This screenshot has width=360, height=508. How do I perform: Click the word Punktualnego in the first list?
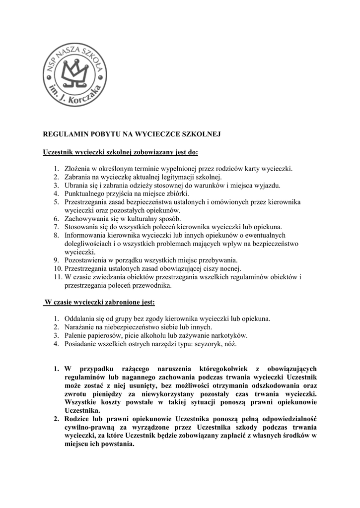(x=85, y=193)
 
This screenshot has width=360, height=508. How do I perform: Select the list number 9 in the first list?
(x=56, y=260)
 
